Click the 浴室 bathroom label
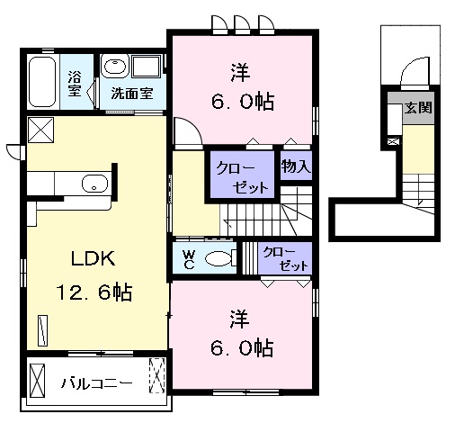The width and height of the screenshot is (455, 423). (74, 84)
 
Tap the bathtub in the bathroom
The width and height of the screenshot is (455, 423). (42, 82)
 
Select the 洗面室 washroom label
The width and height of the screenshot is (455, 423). (132, 94)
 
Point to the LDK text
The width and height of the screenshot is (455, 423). (93, 258)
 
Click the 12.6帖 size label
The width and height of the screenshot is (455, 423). (94, 292)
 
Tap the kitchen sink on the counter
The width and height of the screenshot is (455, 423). (94, 184)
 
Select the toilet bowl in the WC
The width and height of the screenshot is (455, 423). (219, 258)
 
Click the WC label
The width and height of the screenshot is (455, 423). (189, 260)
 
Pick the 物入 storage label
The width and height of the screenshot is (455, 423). (296, 166)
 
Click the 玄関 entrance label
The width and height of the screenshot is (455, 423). (418, 108)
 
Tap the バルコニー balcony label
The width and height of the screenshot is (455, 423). (97, 383)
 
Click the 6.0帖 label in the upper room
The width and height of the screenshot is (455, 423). (243, 102)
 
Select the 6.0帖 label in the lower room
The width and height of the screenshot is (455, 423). (242, 347)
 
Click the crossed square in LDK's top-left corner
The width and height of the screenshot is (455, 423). (41, 130)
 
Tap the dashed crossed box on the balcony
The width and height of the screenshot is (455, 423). (157, 375)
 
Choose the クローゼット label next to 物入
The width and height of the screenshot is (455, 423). (243, 177)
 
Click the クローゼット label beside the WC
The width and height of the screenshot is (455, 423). (285, 259)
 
